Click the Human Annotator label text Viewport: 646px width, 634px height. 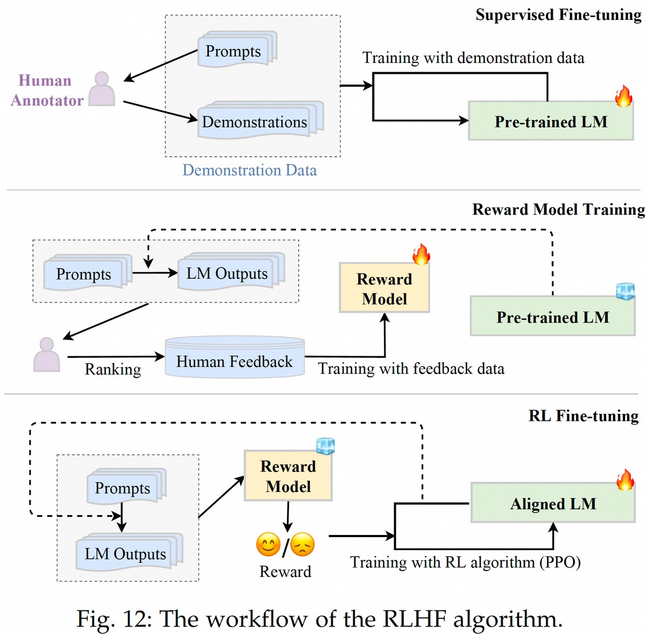click(46, 90)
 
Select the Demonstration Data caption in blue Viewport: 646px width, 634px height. click(249, 170)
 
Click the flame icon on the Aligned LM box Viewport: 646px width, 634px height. click(625, 479)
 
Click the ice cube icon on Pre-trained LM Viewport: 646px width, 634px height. click(625, 291)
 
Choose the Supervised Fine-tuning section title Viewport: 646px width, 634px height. click(558, 15)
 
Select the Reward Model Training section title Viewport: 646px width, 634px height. click(558, 209)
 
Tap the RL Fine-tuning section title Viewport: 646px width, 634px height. click(584, 415)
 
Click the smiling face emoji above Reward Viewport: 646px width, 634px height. click(268, 544)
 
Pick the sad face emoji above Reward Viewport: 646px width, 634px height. click(303, 544)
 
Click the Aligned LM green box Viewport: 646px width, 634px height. click(553, 503)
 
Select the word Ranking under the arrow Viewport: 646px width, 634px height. click(113, 369)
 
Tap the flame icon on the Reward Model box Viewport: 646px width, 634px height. click(421, 254)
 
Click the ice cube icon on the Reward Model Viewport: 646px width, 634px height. click(325, 446)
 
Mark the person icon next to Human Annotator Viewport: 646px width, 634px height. click(102, 89)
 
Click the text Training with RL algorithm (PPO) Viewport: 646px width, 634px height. click(465, 562)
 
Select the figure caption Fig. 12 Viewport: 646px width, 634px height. click(319, 618)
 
